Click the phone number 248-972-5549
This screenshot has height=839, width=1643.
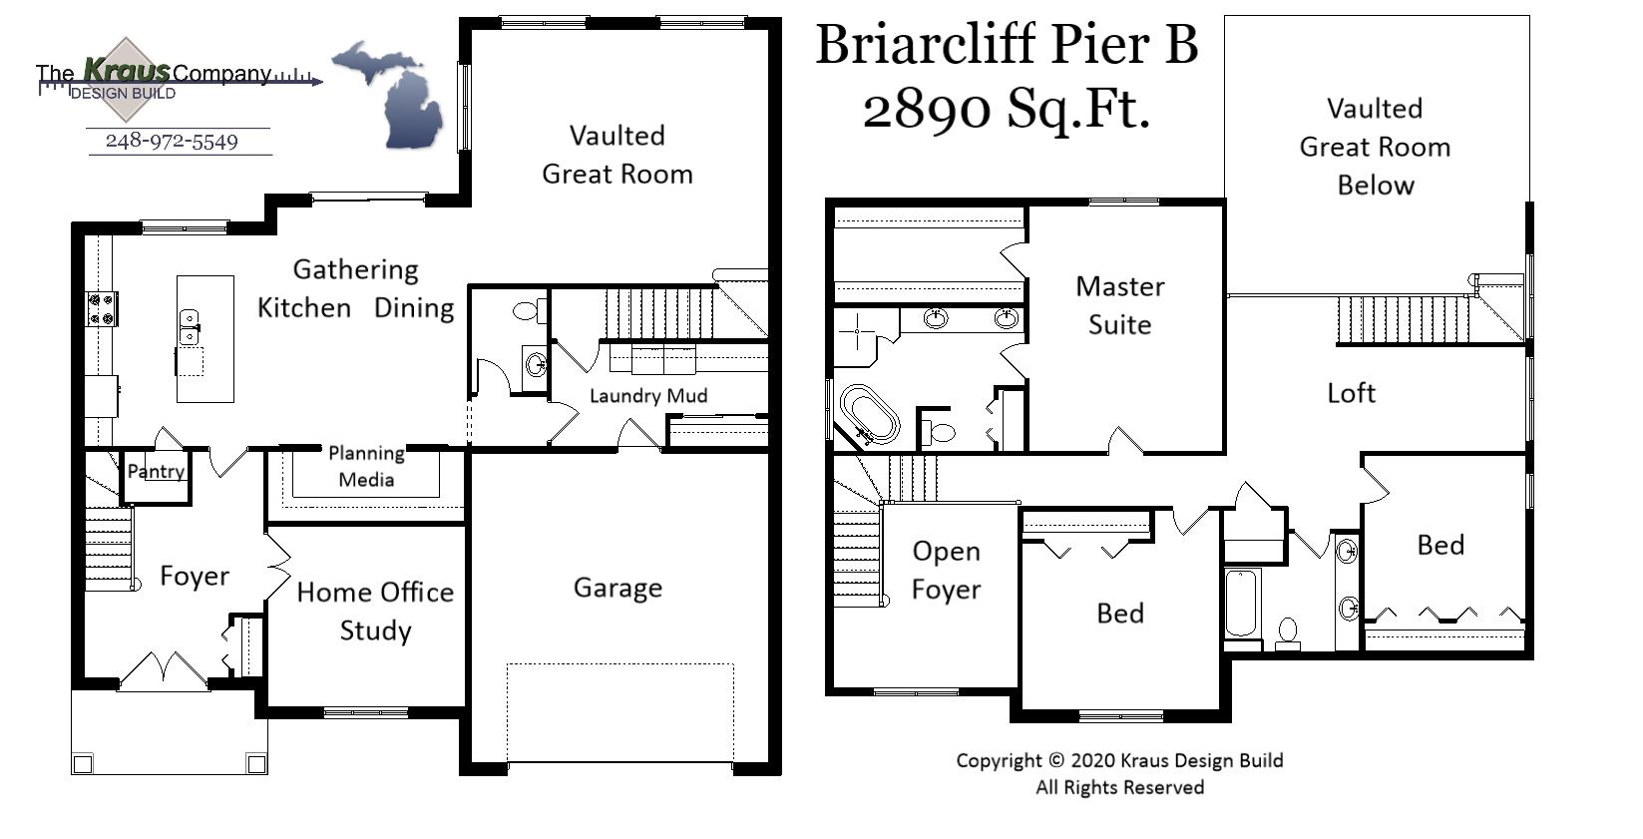(172, 142)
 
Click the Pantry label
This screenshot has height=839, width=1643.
(156, 471)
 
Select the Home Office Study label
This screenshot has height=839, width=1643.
(375, 611)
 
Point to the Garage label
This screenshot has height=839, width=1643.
(617, 588)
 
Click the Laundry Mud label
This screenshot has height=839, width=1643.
(648, 396)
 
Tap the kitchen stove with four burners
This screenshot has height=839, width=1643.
(101, 308)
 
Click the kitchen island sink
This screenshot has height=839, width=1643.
(189, 326)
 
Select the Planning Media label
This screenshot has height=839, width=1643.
(366, 466)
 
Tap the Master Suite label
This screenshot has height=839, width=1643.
(1119, 305)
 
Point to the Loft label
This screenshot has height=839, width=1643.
(1351, 393)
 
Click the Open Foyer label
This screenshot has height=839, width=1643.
(946, 570)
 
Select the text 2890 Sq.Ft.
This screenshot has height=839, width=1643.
(1006, 108)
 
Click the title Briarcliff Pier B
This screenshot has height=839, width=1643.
(1006, 45)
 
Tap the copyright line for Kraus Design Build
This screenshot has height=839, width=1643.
(1119, 760)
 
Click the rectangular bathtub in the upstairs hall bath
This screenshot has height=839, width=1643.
(1241, 603)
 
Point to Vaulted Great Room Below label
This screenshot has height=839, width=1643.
(1375, 147)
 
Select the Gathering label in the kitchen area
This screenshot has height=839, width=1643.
(355, 269)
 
